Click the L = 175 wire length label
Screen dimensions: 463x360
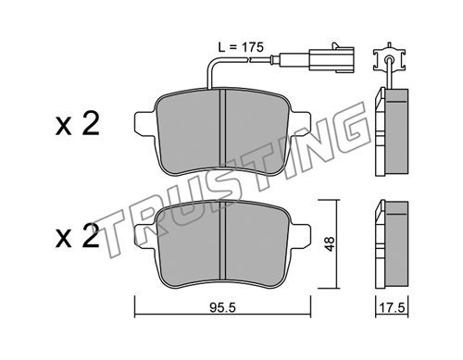click(241, 47)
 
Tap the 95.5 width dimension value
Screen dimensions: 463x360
click(222, 307)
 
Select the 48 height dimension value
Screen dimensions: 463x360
click(330, 243)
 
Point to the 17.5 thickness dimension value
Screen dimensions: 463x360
click(393, 308)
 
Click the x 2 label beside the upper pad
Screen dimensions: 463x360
click(78, 124)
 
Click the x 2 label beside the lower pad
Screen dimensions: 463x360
click(78, 236)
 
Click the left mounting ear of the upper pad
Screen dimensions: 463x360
click(145, 123)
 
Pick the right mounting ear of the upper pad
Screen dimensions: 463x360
click(300, 123)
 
